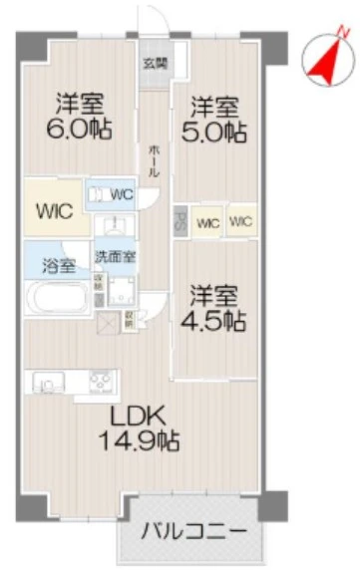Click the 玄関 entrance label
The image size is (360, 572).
154,65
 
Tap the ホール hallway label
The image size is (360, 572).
154,158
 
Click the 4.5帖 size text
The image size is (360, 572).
213,321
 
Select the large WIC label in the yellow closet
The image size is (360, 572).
53,212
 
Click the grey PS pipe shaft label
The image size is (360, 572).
180,218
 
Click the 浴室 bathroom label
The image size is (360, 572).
57,266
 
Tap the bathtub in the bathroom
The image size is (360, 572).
57,298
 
